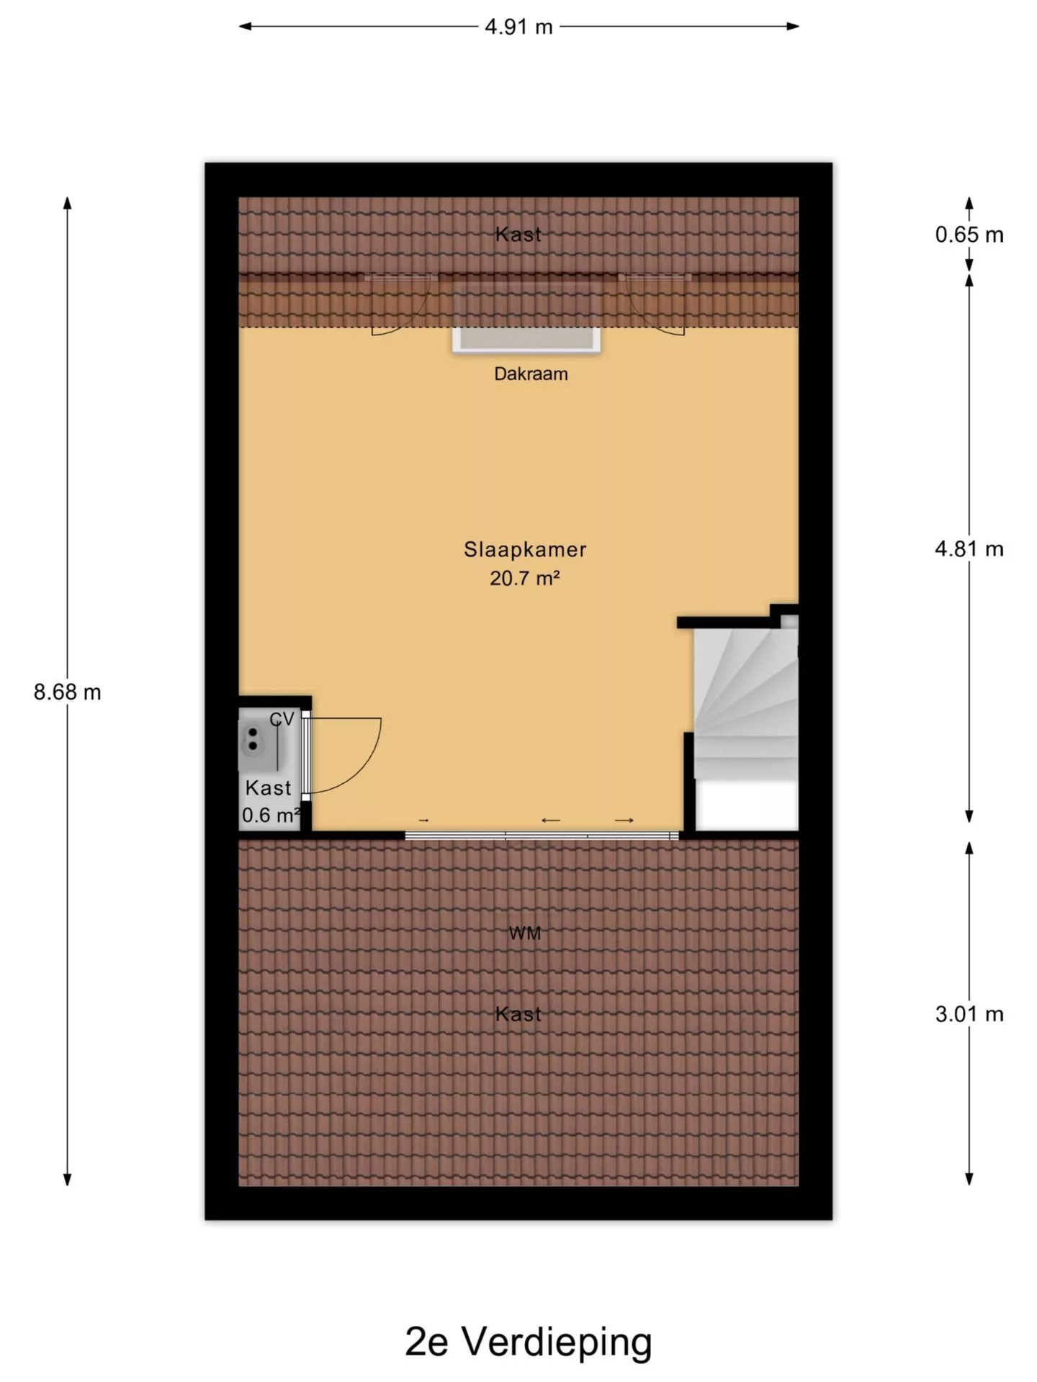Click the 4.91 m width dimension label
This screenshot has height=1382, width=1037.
[518, 27]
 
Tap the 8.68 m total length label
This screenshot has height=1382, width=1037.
[68, 692]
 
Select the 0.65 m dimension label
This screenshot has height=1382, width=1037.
[969, 235]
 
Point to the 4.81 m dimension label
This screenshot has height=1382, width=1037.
[969, 549]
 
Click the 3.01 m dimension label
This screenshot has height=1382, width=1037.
[969, 1014]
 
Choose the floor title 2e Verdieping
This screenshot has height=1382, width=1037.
[529, 1342]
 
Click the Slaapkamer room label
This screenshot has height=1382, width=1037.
[525, 550]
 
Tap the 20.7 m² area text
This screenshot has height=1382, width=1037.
[525, 578]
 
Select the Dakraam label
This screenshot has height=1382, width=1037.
[531, 374]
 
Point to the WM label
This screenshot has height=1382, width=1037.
[525, 934]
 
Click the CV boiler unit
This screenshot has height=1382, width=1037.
[261, 739]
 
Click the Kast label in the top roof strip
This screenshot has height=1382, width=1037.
[518, 235]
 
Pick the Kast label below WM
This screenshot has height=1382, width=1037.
[518, 1014]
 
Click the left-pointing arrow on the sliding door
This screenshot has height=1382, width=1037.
[551, 820]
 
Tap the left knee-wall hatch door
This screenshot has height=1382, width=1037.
[400, 304]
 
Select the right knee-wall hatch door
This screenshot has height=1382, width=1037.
[654, 304]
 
